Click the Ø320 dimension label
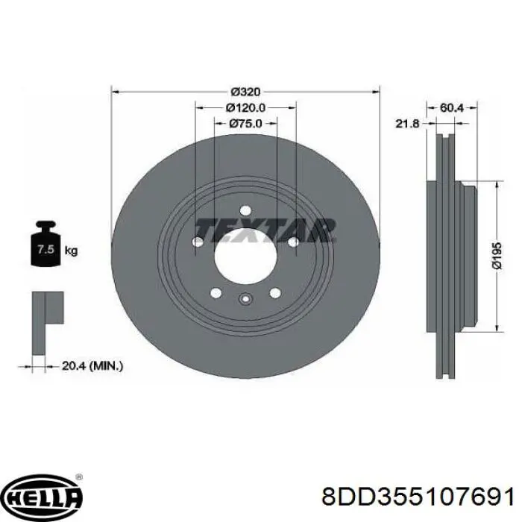tap(245, 91)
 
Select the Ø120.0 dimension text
tap(245, 107)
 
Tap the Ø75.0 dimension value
tap(245, 124)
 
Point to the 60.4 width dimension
tap(451, 107)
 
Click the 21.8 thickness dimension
tap(407, 124)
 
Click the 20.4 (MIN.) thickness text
tap(92, 366)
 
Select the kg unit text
tap(71, 250)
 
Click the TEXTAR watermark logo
tap(265, 230)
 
